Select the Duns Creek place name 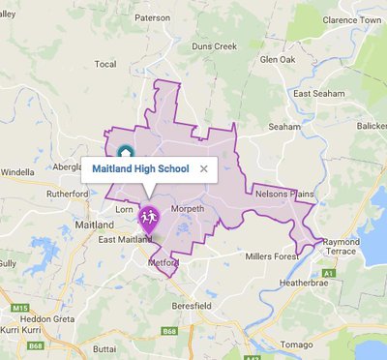[214, 45]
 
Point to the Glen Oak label [278, 59]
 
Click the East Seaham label [319, 93]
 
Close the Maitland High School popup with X [203, 168]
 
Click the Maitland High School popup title [140, 168]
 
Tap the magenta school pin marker [148, 219]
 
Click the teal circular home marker [125, 152]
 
